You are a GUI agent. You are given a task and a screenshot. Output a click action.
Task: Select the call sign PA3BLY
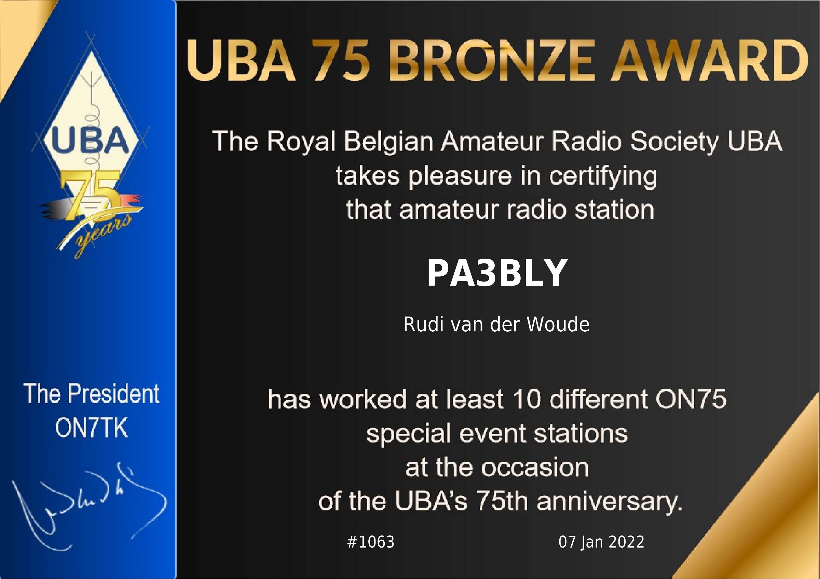(x=497, y=273)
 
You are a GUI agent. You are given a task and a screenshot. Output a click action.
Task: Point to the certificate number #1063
(x=371, y=542)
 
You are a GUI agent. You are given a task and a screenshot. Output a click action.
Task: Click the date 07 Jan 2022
(x=601, y=542)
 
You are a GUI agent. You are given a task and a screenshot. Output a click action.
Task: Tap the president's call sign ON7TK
(x=92, y=428)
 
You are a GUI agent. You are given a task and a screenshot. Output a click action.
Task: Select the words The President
(x=92, y=394)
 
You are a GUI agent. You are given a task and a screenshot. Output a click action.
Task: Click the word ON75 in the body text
(x=691, y=399)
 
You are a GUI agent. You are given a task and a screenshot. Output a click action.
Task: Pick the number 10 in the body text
(x=527, y=399)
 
